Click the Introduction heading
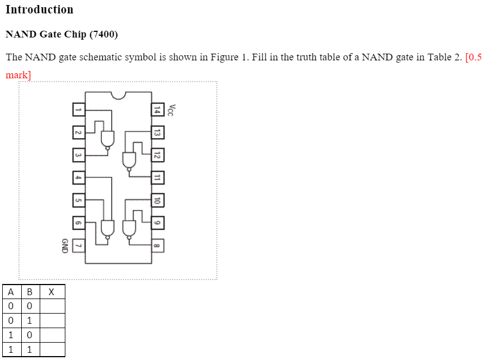[x=39, y=10]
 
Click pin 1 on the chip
[x=78, y=110]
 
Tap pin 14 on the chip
[x=158, y=110]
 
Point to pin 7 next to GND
[x=78, y=246]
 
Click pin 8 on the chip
[x=158, y=246]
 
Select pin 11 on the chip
[x=158, y=178]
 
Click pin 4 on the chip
[x=78, y=178]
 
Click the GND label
[x=64, y=246]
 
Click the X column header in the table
[x=51, y=292]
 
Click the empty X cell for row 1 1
[x=51, y=350]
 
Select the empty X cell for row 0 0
[x=51, y=306]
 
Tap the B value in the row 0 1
[x=29, y=321]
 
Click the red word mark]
[x=18, y=74]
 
